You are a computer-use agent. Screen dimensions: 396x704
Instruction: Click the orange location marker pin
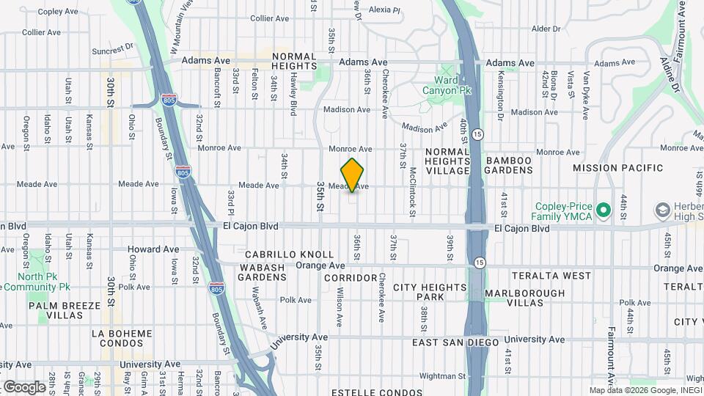click(353, 175)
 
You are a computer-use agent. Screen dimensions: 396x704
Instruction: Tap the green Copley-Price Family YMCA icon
click(604, 211)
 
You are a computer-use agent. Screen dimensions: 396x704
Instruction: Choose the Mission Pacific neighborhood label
click(618, 168)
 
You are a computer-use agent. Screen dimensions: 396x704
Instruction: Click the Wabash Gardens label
click(262, 273)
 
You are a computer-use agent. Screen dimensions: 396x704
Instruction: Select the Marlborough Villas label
click(524, 298)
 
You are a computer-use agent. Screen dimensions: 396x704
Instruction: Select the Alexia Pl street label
click(384, 10)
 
